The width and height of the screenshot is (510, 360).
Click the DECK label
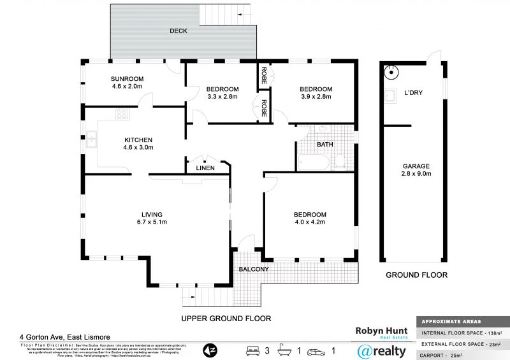tap(178, 31)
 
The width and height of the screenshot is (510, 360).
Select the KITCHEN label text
tap(138, 140)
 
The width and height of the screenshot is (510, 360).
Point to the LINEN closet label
tap(205, 168)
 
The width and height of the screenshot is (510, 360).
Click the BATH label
tap(325, 145)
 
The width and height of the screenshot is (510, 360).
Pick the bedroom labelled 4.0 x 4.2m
tap(310, 222)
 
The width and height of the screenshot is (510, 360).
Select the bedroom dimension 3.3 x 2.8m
tap(222, 97)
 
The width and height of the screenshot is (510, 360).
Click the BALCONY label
tap(253, 270)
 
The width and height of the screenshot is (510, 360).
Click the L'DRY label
tap(414, 93)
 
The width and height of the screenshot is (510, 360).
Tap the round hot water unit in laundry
tap(390, 73)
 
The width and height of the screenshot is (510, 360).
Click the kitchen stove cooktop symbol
tap(120, 115)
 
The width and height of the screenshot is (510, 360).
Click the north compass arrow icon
tap(210, 350)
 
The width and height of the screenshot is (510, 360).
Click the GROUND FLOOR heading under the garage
tap(416, 275)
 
